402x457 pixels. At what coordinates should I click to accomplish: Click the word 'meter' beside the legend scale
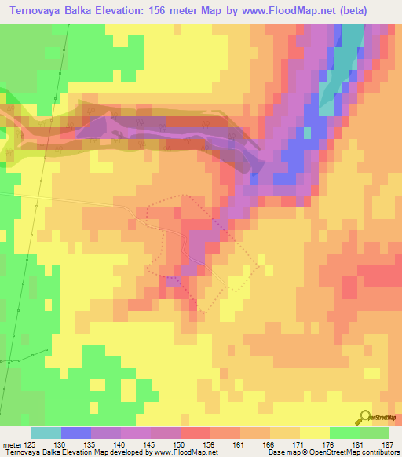click(x=12, y=443)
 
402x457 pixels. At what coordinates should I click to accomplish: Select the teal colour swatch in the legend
click(x=46, y=433)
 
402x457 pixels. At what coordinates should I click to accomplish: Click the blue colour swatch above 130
click(x=76, y=433)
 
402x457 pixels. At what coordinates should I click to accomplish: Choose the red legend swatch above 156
click(x=196, y=433)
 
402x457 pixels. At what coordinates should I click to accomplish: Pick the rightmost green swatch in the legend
click(x=375, y=433)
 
